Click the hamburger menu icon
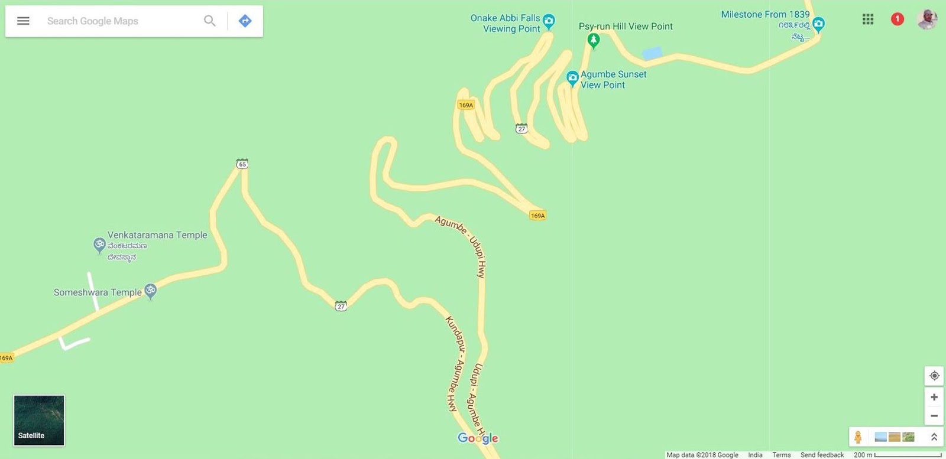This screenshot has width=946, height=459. pos(23,21)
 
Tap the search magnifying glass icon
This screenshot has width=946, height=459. pos(209,21)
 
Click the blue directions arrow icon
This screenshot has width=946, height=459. pos(245,21)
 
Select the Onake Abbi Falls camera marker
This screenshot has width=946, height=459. pos(549,22)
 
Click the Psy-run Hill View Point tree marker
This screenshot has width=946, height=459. pos(594,40)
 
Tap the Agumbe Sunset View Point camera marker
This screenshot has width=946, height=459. pos(572,78)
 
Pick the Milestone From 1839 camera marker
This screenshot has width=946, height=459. pos(818,24)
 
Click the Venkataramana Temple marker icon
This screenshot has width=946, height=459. pos(99,245)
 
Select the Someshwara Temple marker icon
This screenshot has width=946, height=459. pos(151,291)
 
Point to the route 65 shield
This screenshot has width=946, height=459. pos(242,164)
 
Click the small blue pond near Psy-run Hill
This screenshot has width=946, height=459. pos(652,54)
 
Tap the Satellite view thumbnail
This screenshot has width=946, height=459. pos(39,420)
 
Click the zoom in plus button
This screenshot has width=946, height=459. pos(934,397)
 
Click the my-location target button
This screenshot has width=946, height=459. pos(934,376)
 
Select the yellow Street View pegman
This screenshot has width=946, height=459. pos(858,437)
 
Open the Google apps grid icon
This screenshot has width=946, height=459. pos(868,19)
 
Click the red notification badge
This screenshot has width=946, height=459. pos(897,19)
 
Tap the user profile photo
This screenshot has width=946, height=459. pos(926,19)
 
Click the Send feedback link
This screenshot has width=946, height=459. pos(822,455)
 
